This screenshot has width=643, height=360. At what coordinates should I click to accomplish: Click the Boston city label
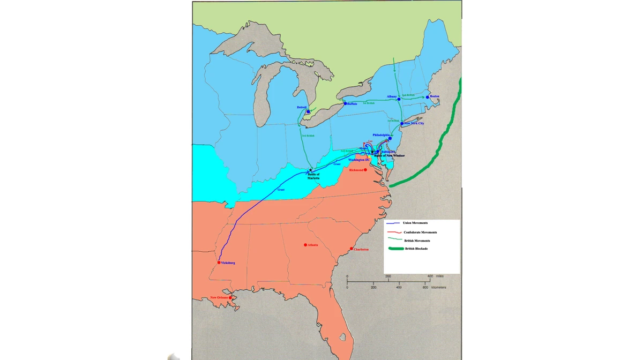435,96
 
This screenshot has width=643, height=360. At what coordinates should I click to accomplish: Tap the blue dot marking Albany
399,99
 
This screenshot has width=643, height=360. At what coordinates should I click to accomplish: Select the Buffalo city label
352,104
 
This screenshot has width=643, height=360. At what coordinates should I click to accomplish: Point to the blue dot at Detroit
308,112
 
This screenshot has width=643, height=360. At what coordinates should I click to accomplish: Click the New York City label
414,124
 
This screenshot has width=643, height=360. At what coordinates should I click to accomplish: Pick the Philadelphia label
381,135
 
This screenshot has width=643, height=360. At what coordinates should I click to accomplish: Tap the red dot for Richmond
365,170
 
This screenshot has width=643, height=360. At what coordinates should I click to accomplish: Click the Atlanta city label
313,245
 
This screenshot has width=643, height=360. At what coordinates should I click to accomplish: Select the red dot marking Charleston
352,249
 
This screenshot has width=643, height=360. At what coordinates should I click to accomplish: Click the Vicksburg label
228,263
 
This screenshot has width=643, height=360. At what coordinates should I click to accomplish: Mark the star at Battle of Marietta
310,170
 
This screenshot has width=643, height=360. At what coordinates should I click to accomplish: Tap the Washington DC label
359,160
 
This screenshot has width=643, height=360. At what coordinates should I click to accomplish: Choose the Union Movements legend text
415,223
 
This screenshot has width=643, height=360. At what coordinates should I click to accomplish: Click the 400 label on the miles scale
430,276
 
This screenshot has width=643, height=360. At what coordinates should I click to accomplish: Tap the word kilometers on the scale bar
438,288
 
